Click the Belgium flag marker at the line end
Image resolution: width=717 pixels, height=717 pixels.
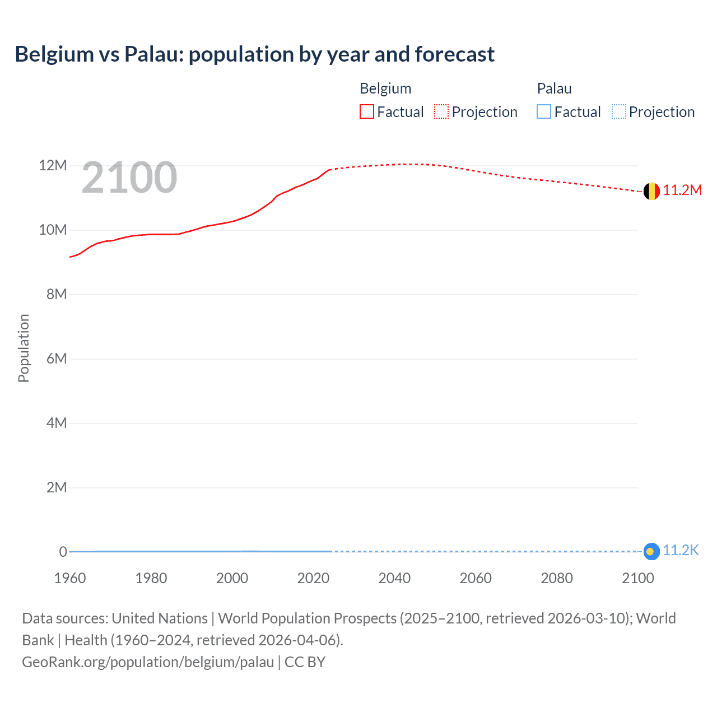tap(651, 192)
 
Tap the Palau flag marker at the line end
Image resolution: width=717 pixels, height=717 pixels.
tap(651, 552)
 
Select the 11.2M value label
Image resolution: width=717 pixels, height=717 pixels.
tap(682, 190)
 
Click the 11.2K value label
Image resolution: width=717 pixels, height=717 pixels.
tap(681, 551)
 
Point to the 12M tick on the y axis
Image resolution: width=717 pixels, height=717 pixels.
tap(53, 166)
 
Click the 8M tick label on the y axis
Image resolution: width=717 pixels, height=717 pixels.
tap(57, 295)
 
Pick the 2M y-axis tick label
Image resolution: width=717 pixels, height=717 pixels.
tap(57, 488)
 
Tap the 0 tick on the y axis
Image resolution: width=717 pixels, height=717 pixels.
tap(63, 552)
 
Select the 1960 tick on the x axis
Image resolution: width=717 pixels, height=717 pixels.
tap(70, 578)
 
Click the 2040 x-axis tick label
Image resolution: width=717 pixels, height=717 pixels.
tap(394, 578)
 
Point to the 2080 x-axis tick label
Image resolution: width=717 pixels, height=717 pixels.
tap(557, 578)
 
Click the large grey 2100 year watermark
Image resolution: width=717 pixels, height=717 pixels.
tap(129, 178)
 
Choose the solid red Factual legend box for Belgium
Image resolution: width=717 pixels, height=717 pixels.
tap(367, 112)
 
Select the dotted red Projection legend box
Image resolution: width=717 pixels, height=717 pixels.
tap(441, 112)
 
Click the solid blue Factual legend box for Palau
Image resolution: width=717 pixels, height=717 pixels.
tap(544, 112)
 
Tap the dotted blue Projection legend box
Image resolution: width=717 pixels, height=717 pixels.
tap(618, 112)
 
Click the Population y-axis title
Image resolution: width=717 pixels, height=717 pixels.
tap(24, 348)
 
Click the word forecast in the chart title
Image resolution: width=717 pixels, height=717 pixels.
tap(454, 54)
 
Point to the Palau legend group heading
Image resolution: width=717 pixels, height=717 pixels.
tap(554, 89)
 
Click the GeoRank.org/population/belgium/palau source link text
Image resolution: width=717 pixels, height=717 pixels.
tap(148, 662)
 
